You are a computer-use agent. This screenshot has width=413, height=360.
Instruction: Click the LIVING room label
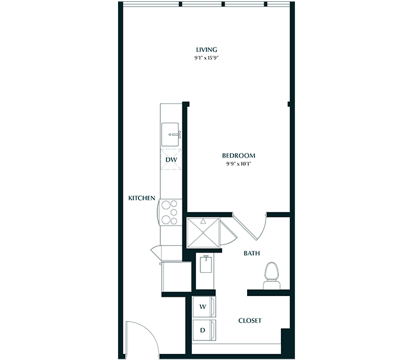(206, 50)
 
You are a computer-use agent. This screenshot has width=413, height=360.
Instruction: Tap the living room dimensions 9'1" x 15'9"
(206, 58)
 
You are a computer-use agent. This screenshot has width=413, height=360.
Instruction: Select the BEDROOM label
(238, 155)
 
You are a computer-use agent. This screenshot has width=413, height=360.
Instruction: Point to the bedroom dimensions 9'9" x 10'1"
(238, 164)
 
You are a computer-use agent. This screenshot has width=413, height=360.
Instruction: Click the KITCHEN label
(142, 198)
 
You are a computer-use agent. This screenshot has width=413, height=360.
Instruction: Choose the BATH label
(251, 253)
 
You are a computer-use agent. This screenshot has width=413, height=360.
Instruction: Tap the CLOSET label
(250, 321)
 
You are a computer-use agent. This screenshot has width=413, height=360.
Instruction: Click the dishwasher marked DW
(171, 159)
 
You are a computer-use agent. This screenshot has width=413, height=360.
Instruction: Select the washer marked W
(204, 307)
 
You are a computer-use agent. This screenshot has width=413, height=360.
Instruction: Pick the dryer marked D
(204, 330)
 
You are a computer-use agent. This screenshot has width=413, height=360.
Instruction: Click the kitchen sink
(170, 135)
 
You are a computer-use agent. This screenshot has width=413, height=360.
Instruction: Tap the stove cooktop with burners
(170, 213)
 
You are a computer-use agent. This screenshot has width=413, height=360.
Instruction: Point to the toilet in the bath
(272, 275)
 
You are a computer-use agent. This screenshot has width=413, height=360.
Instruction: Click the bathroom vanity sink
(206, 264)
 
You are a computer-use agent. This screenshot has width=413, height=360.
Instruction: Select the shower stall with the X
(203, 233)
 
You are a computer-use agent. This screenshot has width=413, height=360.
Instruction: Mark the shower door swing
(227, 233)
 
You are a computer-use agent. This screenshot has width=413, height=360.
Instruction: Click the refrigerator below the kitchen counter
(176, 276)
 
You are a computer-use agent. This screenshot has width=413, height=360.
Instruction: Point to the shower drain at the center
(203, 233)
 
